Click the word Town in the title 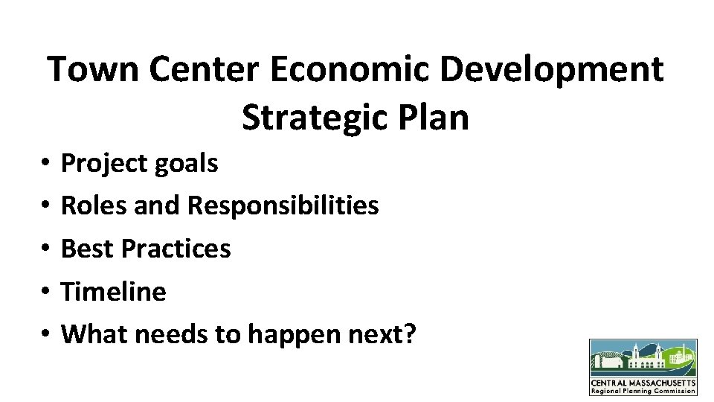pyautogui.click(x=92, y=70)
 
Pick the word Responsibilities pyautogui.click(x=283, y=205)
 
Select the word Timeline pyautogui.click(x=114, y=291)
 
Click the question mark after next pyautogui.click(x=409, y=334)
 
